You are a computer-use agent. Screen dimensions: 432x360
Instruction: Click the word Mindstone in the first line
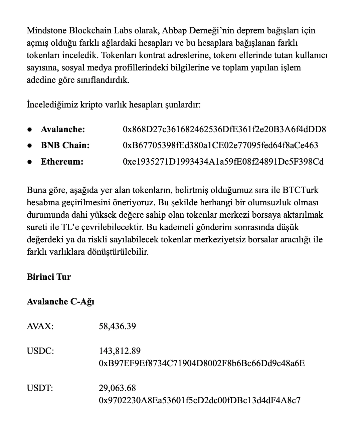pyautogui.click(x=46, y=31)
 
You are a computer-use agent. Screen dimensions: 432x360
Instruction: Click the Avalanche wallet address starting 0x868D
pyautogui.click(x=224, y=129)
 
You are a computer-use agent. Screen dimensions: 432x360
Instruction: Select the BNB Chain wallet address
pyautogui.click(x=220, y=145)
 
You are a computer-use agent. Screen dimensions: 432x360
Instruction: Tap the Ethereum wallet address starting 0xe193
pyautogui.click(x=223, y=162)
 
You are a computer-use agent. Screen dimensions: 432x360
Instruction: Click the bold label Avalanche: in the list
pyautogui.click(x=63, y=129)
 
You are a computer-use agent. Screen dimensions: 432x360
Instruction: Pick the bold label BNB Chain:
pyautogui.click(x=65, y=145)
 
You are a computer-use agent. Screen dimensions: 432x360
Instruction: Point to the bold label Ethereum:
pyautogui.click(x=62, y=162)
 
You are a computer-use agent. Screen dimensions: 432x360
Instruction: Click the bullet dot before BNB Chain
pyautogui.click(x=30, y=146)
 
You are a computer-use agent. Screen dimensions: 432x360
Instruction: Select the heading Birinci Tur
pyautogui.click(x=49, y=277)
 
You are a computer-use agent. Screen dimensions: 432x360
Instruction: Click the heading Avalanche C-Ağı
pyautogui.click(x=60, y=301)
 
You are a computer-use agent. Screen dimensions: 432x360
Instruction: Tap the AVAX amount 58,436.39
pyautogui.click(x=117, y=326)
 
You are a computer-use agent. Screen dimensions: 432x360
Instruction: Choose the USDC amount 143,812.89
pyautogui.click(x=120, y=351)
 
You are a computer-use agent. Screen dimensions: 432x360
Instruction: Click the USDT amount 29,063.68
pyautogui.click(x=117, y=388)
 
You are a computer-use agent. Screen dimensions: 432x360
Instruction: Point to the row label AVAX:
pyautogui.click(x=40, y=326)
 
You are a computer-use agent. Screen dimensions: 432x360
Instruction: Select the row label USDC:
pyautogui.click(x=40, y=351)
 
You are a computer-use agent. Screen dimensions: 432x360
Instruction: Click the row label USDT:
pyautogui.click(x=40, y=388)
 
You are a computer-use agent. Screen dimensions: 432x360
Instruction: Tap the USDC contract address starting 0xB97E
pyautogui.click(x=202, y=363)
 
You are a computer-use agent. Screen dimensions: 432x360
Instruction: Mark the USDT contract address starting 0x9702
pyautogui.click(x=200, y=400)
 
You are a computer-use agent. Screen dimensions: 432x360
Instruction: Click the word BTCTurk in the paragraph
pyautogui.click(x=301, y=190)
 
